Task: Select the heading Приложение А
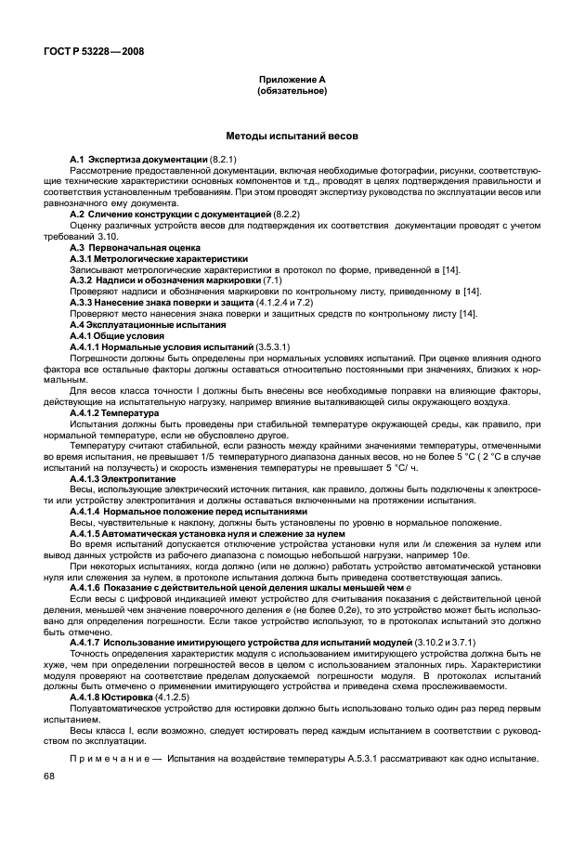[x=292, y=81]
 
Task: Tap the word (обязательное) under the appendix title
[x=292, y=92]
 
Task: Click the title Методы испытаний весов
[x=292, y=136]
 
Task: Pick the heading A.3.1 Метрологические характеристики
[x=159, y=259]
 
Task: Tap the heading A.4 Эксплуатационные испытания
[x=148, y=324]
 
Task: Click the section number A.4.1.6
[x=89, y=587]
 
